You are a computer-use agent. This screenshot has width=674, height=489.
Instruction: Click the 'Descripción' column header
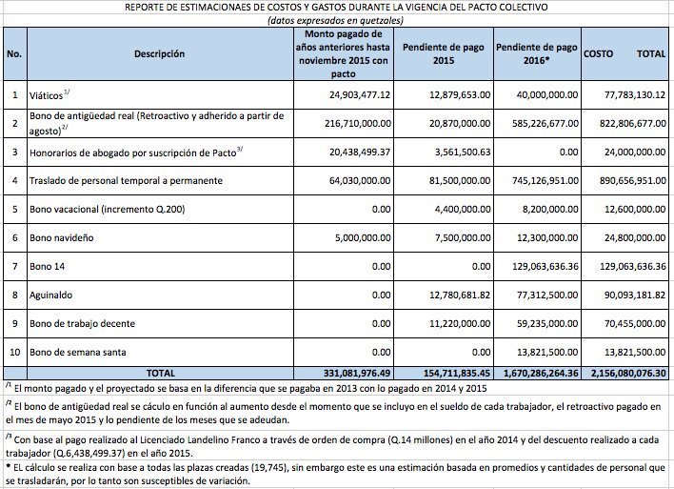point(160,54)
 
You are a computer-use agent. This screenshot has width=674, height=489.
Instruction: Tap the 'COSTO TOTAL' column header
point(624,54)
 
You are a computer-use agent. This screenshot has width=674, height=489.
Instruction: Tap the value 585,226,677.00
point(537,124)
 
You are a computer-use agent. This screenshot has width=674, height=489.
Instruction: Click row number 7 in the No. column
point(15,267)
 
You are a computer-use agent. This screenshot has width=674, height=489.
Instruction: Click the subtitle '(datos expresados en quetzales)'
point(336,20)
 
